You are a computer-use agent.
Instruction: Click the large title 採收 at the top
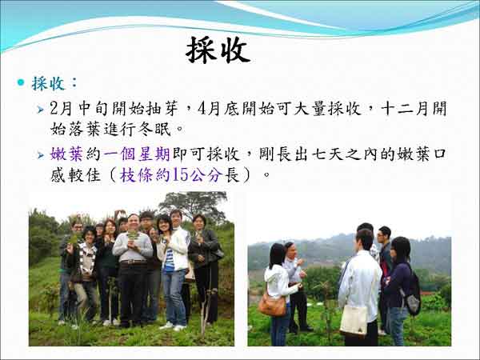coord(218,50)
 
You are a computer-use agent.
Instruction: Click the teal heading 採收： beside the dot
coord(54,83)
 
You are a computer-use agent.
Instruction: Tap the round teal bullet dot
coord(21,82)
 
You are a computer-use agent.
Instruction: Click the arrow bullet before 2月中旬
coord(41,110)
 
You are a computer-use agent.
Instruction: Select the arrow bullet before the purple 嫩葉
coord(41,155)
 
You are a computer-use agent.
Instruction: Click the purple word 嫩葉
coord(66,154)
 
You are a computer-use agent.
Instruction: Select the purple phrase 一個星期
coord(137,154)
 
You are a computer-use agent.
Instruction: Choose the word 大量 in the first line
coord(310,108)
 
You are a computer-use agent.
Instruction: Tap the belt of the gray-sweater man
coord(133,262)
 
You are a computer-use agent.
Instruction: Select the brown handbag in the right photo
coord(273,305)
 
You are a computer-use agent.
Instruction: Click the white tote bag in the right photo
coord(354,320)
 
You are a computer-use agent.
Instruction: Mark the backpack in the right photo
coord(412,295)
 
